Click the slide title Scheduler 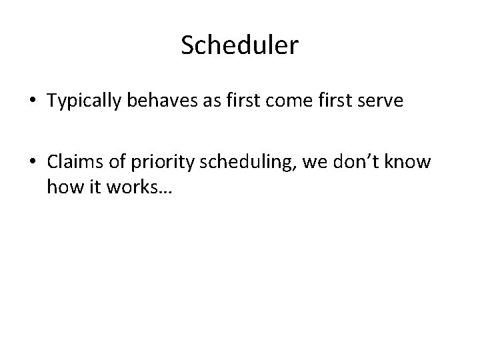point(240,45)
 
